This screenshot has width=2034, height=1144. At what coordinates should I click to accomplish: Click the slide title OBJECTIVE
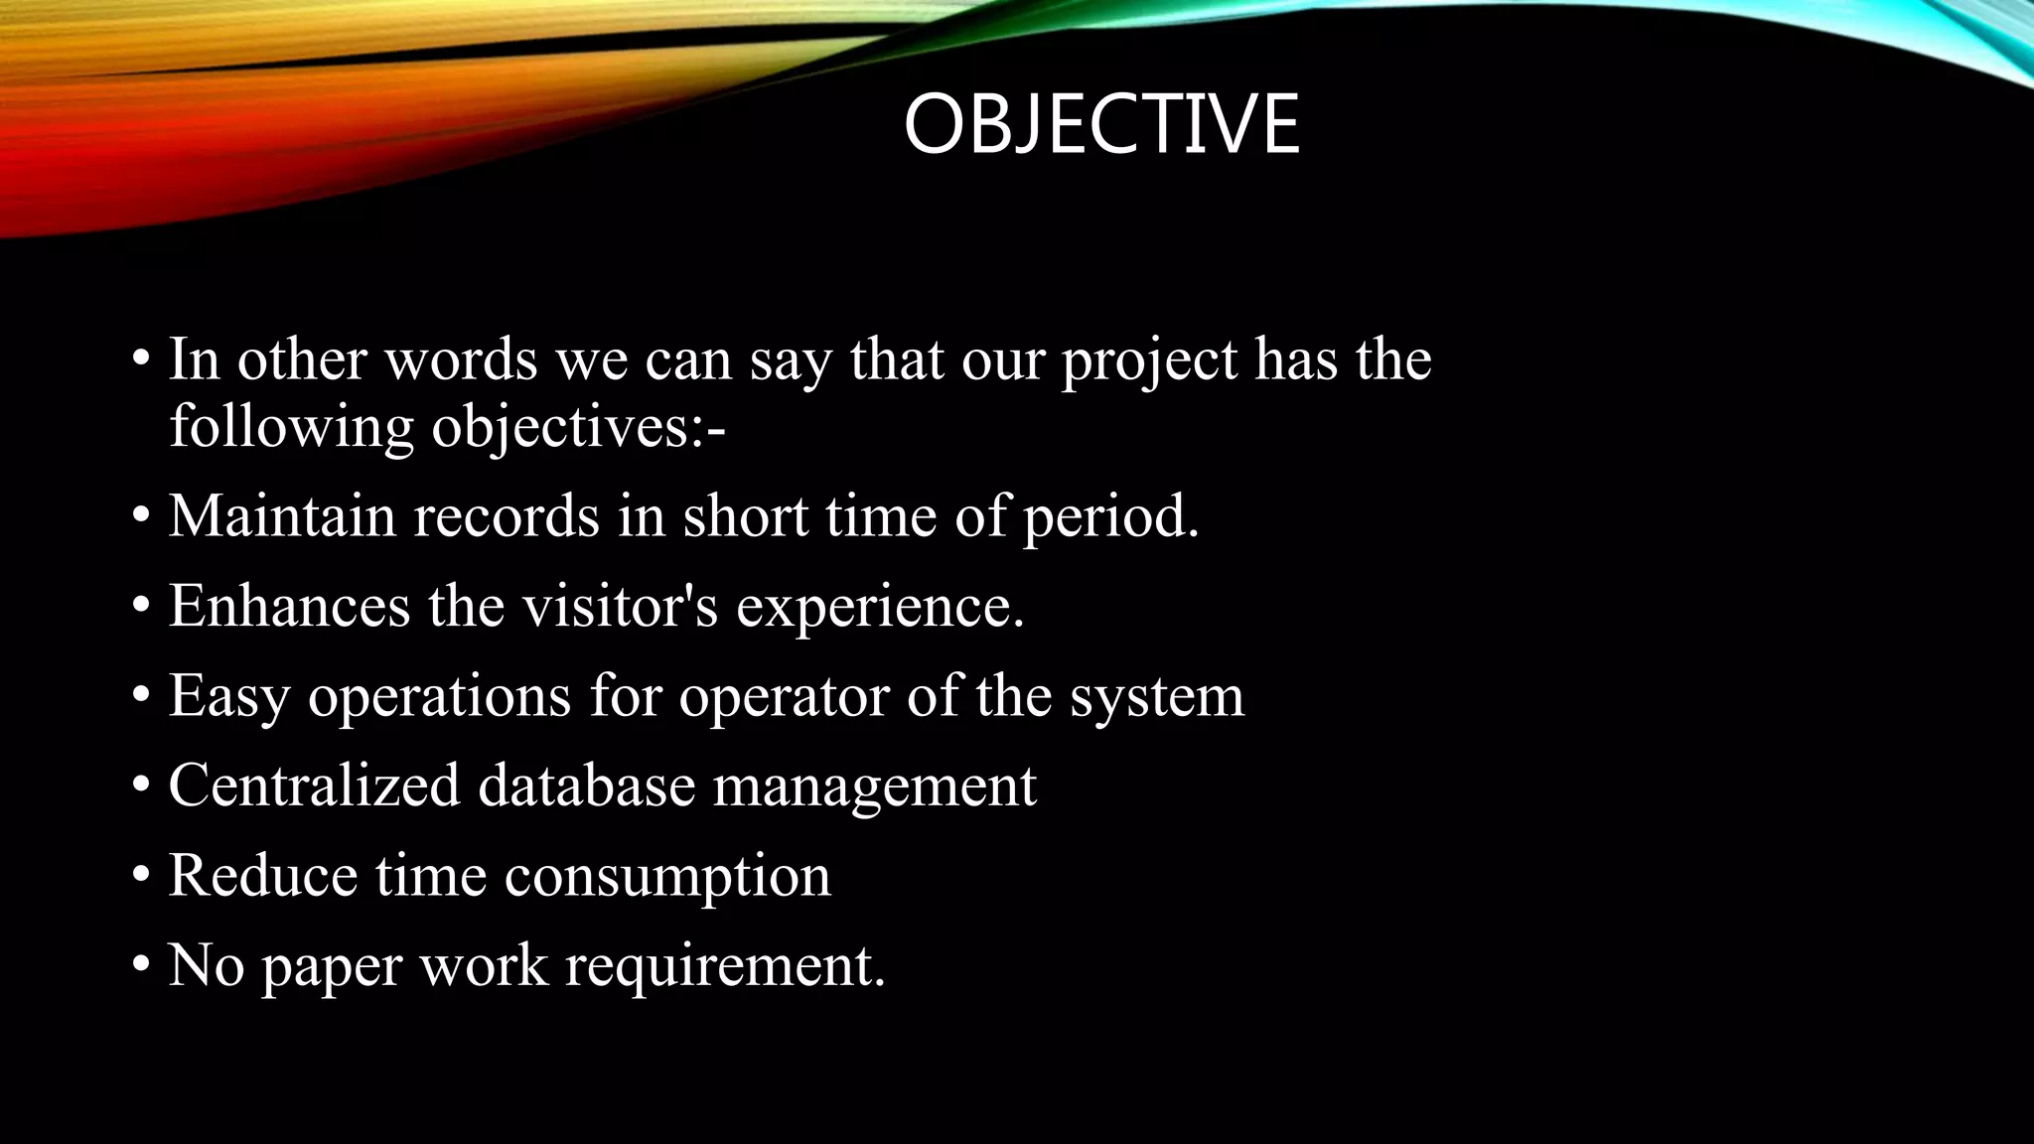[1100, 124]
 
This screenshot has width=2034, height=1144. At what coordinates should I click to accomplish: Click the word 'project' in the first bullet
[1149, 361]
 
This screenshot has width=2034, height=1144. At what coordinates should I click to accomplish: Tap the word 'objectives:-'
[578, 428]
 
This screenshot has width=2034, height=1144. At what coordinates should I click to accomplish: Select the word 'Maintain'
[281, 516]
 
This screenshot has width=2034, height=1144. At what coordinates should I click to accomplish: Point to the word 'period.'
[1110, 518]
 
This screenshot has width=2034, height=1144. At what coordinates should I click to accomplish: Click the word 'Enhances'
[289, 606]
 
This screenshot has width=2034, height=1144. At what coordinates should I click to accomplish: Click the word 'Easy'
[228, 697]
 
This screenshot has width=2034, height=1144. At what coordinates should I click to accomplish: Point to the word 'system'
[1156, 697]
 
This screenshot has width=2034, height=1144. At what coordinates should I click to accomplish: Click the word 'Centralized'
[314, 785]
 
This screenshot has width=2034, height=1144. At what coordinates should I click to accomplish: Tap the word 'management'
[874, 786]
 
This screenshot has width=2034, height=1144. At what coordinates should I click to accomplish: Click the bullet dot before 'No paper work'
[142, 963]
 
